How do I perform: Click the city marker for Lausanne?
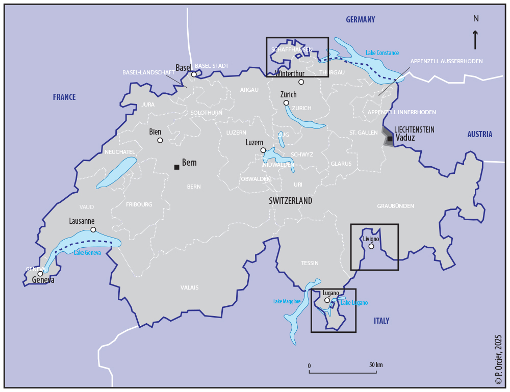(93, 230)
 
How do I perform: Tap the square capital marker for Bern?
(176, 167)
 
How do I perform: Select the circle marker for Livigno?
(371, 247)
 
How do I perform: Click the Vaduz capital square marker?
(390, 139)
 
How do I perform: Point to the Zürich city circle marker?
(286, 103)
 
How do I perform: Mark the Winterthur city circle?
(301, 82)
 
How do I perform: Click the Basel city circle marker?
(194, 74)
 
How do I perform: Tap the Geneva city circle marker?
(40, 274)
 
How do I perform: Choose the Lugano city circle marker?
(327, 300)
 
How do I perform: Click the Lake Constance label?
(382, 53)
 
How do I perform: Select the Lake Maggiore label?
(287, 302)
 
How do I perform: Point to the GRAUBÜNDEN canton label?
(395, 206)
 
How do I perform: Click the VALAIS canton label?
(189, 288)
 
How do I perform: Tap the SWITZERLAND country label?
(290, 201)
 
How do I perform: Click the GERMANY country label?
(360, 20)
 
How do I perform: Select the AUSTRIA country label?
(479, 135)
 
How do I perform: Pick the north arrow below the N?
(475, 40)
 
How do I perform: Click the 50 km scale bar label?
(376, 365)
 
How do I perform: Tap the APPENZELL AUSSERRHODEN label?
(446, 61)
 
